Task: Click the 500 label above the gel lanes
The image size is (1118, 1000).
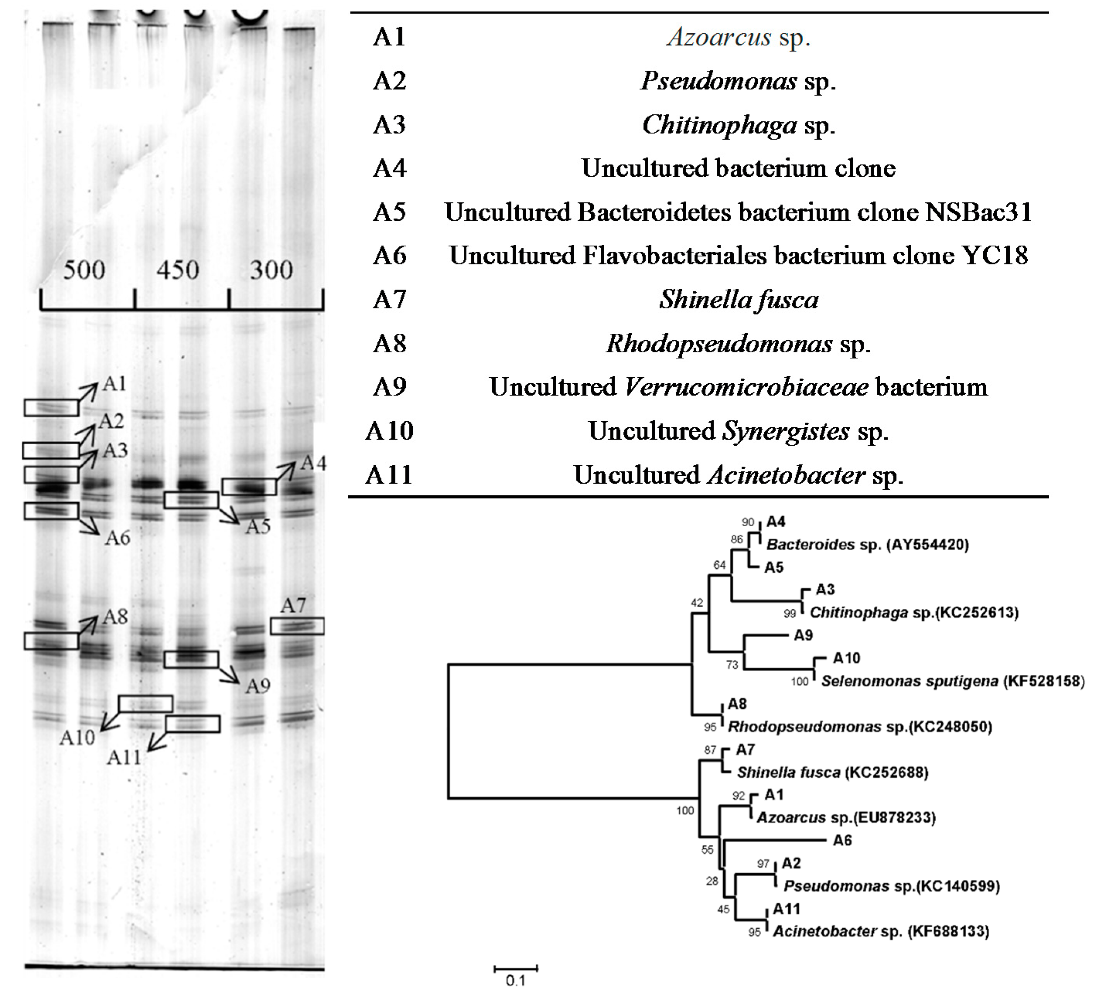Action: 84,270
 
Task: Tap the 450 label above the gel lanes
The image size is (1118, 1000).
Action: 177,270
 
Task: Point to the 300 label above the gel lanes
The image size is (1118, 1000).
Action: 271,270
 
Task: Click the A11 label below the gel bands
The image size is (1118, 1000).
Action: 124,758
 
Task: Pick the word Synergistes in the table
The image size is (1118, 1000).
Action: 786,431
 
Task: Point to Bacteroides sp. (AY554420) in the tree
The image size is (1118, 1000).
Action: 867,544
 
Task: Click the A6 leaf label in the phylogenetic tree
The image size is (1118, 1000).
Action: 842,841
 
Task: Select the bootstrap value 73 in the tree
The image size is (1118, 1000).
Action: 732,665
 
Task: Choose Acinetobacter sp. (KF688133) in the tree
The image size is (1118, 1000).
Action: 881,931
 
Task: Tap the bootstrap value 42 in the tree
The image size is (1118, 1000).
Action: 697,603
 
